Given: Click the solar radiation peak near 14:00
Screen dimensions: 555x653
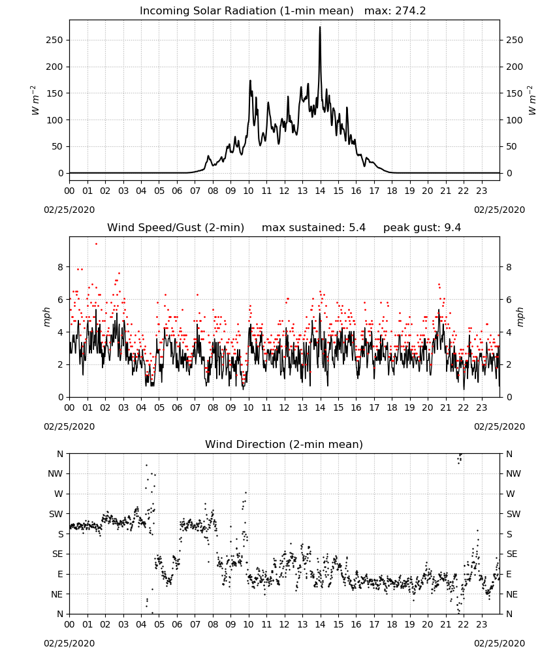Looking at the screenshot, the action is (x=320, y=27).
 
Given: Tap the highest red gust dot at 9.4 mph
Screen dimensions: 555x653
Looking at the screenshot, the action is (x=96, y=244).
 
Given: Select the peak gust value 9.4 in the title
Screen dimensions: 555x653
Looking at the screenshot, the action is (x=452, y=228).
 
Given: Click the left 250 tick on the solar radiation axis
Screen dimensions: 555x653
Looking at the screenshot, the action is (x=55, y=40).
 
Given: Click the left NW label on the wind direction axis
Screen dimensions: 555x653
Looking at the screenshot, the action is (x=55, y=474).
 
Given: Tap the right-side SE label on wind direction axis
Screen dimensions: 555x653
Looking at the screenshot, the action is (x=512, y=554).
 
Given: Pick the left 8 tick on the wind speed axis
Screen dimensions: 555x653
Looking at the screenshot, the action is (x=60, y=267).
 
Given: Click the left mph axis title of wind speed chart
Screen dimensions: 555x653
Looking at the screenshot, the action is (x=46, y=317).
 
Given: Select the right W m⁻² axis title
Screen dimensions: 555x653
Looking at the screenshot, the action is (x=532, y=100).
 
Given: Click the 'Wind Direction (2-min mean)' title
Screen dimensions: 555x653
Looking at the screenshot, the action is (x=284, y=444).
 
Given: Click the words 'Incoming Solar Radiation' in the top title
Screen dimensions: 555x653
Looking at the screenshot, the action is (x=208, y=11).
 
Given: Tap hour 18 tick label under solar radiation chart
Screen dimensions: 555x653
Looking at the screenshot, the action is (x=392, y=191).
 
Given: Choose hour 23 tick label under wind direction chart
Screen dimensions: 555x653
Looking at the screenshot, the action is (x=481, y=625).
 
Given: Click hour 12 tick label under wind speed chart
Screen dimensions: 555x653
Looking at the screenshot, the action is (x=284, y=407).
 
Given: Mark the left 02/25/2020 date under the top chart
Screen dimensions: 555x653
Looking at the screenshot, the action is (x=69, y=210).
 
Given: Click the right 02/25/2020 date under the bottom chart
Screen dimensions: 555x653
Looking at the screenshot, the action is (x=499, y=643).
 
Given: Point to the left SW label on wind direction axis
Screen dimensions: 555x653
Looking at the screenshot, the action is (x=56, y=515).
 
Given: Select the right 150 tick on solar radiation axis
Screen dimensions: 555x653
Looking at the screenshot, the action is (x=515, y=93).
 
